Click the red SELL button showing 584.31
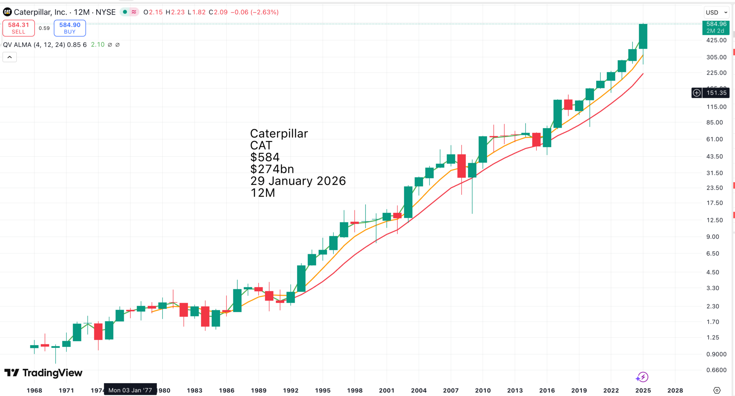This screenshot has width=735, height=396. click(19, 28)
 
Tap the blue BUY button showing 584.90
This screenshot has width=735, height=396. click(70, 28)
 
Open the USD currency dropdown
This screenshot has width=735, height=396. click(717, 12)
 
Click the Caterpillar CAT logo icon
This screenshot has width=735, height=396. click(7, 12)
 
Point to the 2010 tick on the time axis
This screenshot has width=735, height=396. click(483, 390)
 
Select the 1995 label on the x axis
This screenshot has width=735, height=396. click(323, 390)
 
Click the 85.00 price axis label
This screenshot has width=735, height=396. click(714, 122)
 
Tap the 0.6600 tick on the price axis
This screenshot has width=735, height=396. click(714, 370)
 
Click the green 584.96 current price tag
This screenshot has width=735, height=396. click(716, 27)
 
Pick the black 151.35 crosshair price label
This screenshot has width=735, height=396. click(716, 93)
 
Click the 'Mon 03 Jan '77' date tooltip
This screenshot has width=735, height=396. click(130, 390)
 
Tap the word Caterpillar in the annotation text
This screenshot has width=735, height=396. click(279, 133)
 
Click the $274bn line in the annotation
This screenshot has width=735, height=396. click(272, 169)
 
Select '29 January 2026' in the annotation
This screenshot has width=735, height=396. click(298, 181)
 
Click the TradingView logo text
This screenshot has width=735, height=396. click(52, 373)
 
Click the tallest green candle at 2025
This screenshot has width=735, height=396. click(643, 36)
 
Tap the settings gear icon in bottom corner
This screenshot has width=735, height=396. click(717, 390)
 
